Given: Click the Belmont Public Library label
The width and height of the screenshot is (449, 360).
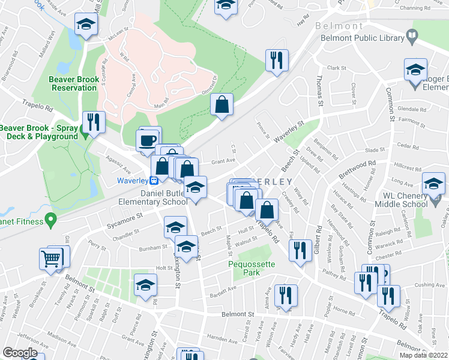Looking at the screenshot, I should click(362, 38).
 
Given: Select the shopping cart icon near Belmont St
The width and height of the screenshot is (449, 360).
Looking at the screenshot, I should click(50, 259).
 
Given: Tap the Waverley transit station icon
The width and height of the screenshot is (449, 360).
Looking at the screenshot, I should click(154, 179).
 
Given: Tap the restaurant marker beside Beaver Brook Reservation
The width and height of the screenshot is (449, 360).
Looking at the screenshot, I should click(93, 122).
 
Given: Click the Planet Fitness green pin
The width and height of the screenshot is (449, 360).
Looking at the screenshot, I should click(51, 222).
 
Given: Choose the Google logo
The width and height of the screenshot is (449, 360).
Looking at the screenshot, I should click(20, 353).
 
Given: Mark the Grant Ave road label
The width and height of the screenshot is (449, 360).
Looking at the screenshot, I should click(222, 161).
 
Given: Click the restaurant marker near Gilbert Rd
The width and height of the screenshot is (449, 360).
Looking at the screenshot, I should click(301, 251).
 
